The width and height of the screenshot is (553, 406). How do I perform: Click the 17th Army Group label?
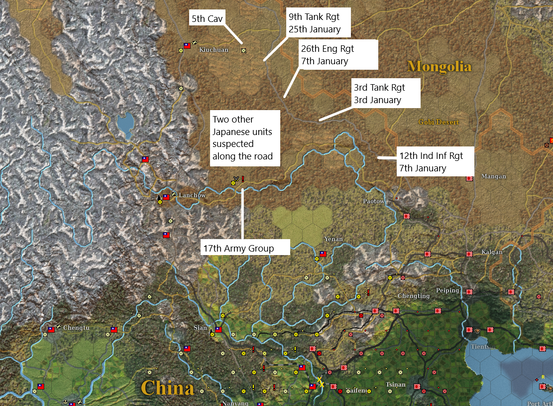coord(245,248)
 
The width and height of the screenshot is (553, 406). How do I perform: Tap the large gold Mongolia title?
coord(439,66)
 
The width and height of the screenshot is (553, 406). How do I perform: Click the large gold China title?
coord(167,388)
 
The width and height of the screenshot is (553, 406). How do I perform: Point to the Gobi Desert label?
coord(438,122)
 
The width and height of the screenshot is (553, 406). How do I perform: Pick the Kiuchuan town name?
coord(214,50)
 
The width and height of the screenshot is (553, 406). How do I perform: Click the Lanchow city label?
coord(192,196)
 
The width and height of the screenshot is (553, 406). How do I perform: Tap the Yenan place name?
coord(333,239)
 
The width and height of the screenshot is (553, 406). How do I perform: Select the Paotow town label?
coord(373,202)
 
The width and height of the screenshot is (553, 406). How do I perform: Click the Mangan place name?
coord(494,176)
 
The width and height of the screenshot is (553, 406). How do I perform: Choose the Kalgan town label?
coord(492,252)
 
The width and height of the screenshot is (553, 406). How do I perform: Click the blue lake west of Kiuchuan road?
coord(125,125)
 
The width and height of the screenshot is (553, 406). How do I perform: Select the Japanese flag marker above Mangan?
coord(469,178)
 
